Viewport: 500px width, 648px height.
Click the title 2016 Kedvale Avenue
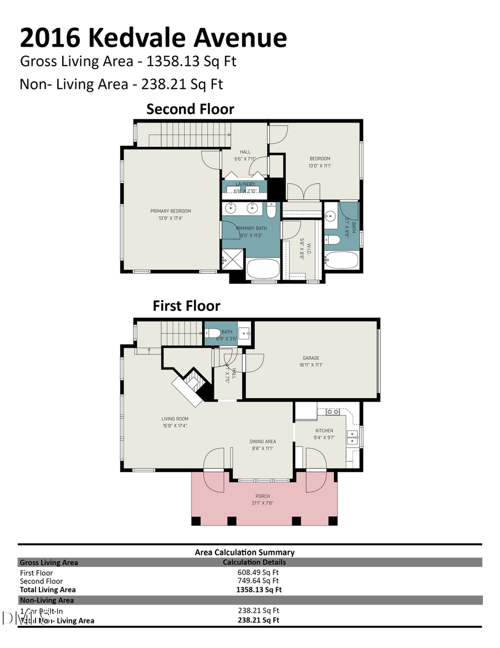tap(153, 38)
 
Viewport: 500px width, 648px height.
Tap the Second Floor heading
tap(190, 109)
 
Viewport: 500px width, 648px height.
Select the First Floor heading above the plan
tap(186, 306)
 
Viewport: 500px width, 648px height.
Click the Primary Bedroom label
tap(171, 211)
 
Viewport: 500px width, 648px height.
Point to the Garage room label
tap(311, 358)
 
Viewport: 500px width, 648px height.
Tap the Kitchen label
tap(324, 431)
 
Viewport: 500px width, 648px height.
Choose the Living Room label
tap(175, 419)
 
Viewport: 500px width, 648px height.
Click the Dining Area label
tap(262, 442)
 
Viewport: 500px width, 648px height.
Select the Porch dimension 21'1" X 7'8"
tap(263, 503)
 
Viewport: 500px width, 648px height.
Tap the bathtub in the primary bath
tap(263, 269)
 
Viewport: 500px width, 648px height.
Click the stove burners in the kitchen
tap(333, 412)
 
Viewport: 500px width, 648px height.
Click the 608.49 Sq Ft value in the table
tap(258, 572)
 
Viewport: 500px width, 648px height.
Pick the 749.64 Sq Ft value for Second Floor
tap(258, 581)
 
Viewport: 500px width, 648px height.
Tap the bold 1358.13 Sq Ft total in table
tap(258, 590)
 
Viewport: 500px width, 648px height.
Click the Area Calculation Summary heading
tap(244, 552)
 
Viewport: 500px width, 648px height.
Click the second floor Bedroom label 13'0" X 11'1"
tap(319, 162)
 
